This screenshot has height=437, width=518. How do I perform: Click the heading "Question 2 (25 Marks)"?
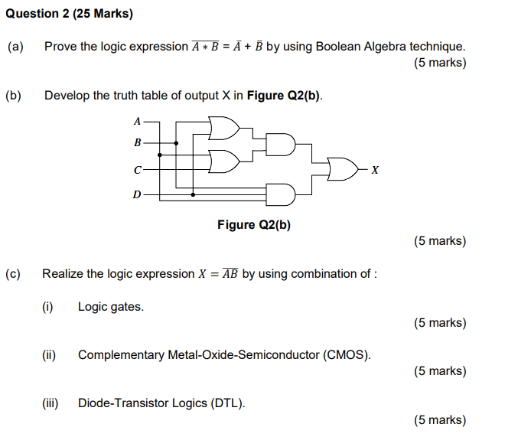coord(67,13)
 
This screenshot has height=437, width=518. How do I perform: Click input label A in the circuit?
coord(137,121)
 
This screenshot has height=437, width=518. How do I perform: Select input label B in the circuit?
coord(137,142)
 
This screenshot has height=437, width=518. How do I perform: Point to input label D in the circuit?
coord(137,194)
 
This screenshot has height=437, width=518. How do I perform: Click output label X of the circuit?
coord(375,169)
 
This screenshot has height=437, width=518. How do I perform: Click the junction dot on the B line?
coord(177,142)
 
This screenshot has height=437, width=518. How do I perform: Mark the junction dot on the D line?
coord(193,194)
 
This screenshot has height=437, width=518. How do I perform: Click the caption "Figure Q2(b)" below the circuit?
coord(254,224)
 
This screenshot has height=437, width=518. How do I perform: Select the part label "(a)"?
coord(15,47)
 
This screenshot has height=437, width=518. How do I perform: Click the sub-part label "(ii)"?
coord(48,355)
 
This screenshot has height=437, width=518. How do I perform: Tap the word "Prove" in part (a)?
coord(60,47)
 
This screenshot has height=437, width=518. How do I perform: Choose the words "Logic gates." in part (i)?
coord(111,307)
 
